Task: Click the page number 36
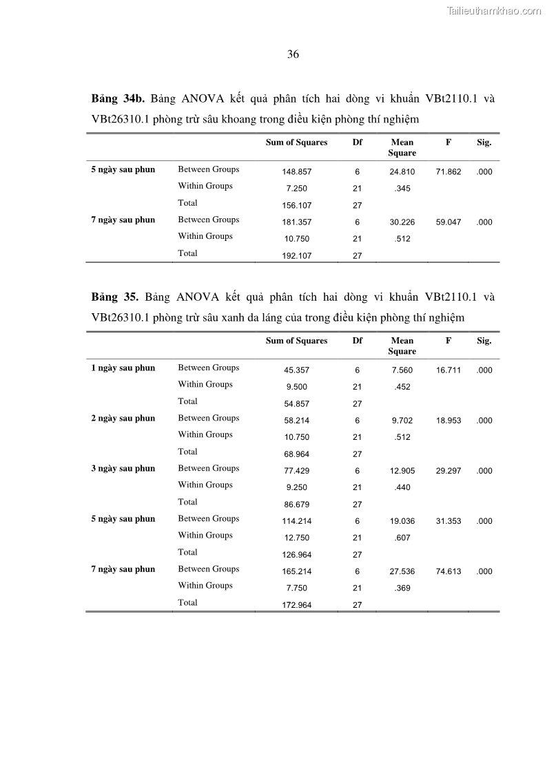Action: [x=293, y=54]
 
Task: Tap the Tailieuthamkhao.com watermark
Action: [x=494, y=11]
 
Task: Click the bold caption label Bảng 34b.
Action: [x=118, y=98]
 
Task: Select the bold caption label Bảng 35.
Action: [x=115, y=297]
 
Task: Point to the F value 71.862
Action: [x=448, y=172]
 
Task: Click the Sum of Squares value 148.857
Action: [x=296, y=172]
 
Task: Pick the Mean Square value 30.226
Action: [x=402, y=222]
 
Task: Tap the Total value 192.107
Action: [x=296, y=255]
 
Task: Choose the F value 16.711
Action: [x=448, y=370]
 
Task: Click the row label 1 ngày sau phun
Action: [x=123, y=368]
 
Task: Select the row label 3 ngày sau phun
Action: [x=123, y=468]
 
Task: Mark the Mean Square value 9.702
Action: [x=402, y=421]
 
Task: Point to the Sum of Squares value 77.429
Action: [x=296, y=471]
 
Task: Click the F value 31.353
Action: [x=448, y=521]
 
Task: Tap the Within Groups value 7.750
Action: [x=296, y=589]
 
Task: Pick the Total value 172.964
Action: [x=296, y=605]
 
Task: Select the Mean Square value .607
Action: [x=402, y=538]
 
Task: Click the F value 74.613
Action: [x=448, y=571]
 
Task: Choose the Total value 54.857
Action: [x=296, y=404]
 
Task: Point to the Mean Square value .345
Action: [x=402, y=189]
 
